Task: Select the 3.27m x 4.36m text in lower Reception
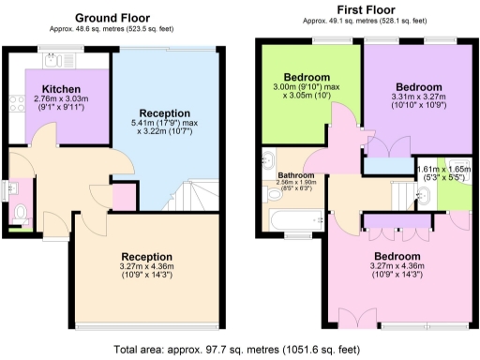click(147, 267)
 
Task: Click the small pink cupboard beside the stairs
click(122, 198)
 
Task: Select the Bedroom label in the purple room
click(411, 83)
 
